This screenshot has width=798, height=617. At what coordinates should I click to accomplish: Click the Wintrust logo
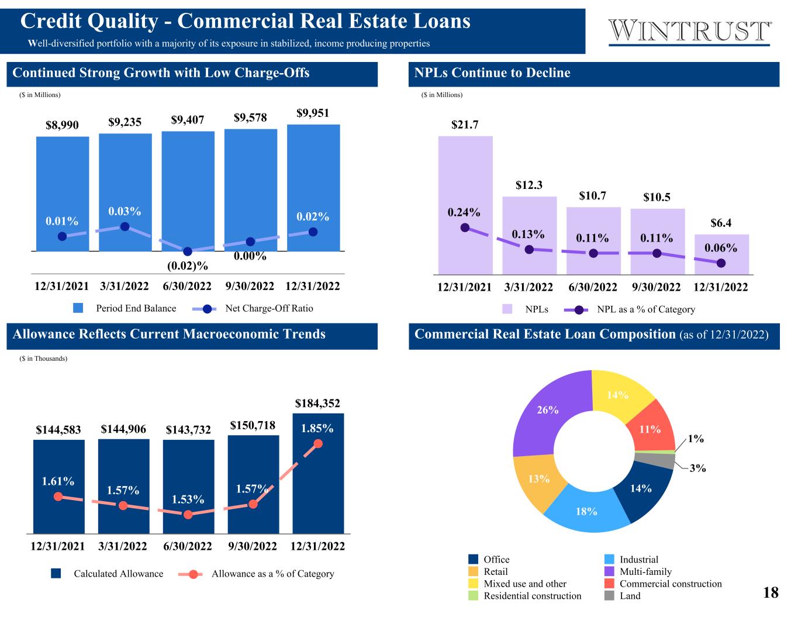[690, 32]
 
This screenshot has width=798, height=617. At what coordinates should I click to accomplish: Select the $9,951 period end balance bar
[313, 175]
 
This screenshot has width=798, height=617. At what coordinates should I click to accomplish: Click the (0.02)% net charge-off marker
[188, 251]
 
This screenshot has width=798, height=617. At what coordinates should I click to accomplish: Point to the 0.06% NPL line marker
[721, 263]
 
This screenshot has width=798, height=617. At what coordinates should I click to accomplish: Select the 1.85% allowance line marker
[318, 443]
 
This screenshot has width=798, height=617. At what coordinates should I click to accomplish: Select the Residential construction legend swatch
[474, 595]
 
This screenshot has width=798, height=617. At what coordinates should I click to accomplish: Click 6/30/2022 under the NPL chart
[593, 287]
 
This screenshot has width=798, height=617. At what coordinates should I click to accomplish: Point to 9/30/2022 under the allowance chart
[253, 546]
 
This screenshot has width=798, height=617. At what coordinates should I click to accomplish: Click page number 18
[771, 592]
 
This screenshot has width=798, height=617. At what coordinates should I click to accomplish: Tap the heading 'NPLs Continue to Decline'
[492, 73]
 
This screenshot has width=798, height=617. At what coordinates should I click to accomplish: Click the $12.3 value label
[529, 185]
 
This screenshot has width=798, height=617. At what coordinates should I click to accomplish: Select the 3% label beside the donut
[697, 468]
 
